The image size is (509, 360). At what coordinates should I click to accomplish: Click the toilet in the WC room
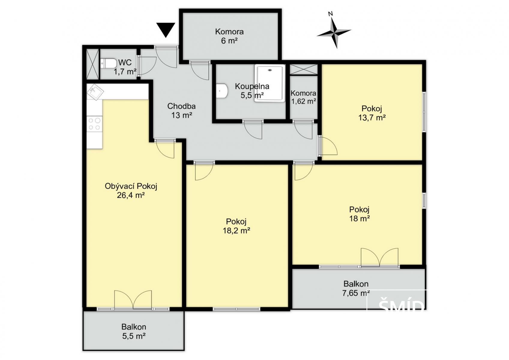click(108, 63)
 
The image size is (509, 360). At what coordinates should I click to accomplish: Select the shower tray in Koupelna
click(270, 83)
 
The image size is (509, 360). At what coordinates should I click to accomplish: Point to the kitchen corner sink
click(95, 92)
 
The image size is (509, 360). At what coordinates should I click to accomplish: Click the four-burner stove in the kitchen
click(95, 124)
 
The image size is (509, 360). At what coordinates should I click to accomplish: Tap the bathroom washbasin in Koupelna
click(222, 91)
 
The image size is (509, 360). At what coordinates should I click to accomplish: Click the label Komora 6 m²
click(229, 36)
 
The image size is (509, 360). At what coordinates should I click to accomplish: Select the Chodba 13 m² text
click(182, 111)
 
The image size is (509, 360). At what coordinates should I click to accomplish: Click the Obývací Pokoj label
click(131, 186)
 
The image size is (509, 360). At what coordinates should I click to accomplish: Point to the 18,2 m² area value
click(236, 231)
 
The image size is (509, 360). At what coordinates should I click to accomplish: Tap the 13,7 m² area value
click(372, 118)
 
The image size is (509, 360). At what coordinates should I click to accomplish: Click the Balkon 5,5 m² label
click(134, 331)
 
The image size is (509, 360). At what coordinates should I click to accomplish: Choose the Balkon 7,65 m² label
click(356, 289)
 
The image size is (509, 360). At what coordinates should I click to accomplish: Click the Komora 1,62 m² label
click(303, 97)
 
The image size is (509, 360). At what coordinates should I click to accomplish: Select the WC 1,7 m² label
click(125, 67)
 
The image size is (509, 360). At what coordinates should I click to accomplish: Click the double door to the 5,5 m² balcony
click(133, 300)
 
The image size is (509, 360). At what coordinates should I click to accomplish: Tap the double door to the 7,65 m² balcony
click(379, 257)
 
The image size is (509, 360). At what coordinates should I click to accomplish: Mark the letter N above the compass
click(331, 14)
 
